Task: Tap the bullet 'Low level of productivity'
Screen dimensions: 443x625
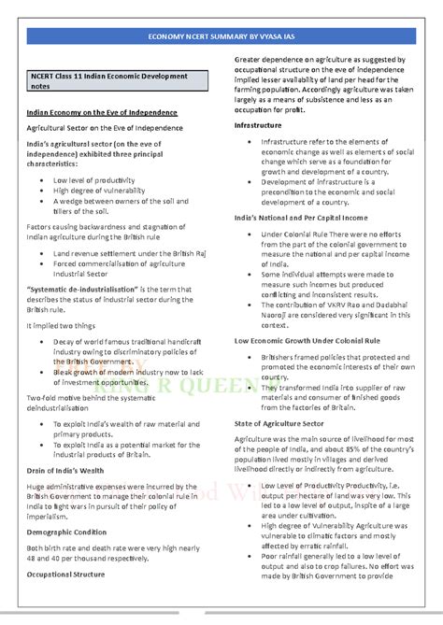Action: point(94,178)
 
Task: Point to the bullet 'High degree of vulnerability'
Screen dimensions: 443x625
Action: point(99,190)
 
